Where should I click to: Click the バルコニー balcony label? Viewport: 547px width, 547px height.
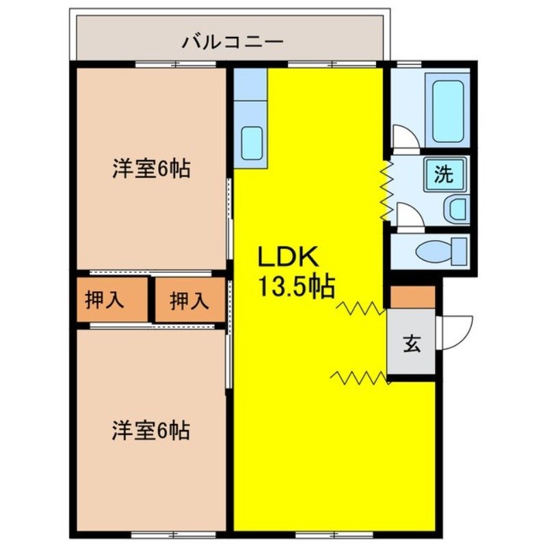click(x=232, y=42)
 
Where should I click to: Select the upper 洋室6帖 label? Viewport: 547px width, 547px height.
click(x=150, y=169)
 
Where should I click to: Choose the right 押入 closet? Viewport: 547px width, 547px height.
click(x=189, y=300)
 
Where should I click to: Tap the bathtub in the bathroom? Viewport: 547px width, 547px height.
click(x=448, y=111)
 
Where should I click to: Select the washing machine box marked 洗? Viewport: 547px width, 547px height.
click(x=444, y=174)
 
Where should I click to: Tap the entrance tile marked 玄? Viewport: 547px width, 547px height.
click(x=412, y=343)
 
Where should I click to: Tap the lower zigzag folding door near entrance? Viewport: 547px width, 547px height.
click(x=360, y=376)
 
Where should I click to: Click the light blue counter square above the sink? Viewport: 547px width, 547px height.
click(x=250, y=84)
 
